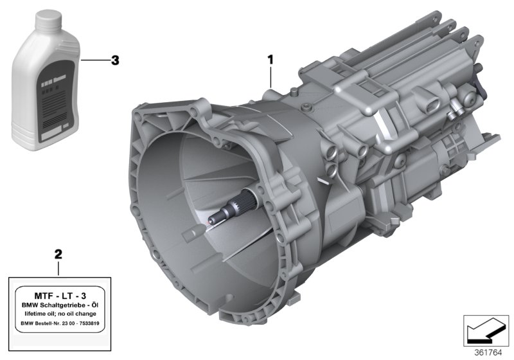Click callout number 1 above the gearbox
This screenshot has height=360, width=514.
(270, 59)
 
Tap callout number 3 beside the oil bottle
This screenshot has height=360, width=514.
(115, 60)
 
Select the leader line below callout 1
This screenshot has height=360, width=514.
(271, 78)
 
